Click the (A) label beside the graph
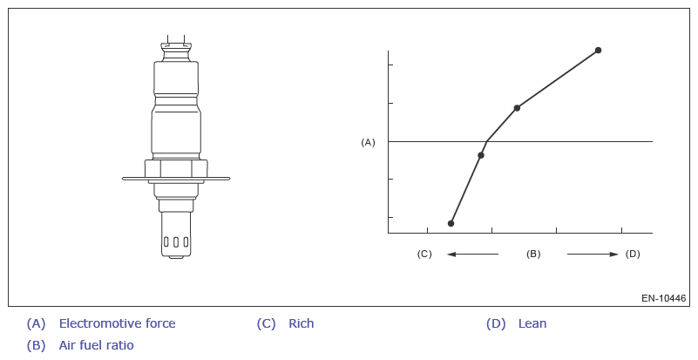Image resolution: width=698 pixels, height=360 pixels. pos(368,143)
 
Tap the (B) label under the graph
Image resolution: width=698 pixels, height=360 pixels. pos(533,254)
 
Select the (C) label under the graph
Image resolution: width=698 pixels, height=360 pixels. pos(424,254)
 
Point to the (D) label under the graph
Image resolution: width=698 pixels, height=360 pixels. pos(633,254)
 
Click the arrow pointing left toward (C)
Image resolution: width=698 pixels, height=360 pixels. pos(473,255)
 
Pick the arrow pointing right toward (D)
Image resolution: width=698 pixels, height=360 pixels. pos(593,255)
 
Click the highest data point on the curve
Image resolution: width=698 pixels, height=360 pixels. pos(599,51)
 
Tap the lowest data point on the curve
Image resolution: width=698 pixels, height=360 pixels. pos(451,224)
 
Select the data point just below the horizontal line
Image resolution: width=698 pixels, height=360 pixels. pos(481,155)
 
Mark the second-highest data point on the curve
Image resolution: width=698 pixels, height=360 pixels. pos(517,108)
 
